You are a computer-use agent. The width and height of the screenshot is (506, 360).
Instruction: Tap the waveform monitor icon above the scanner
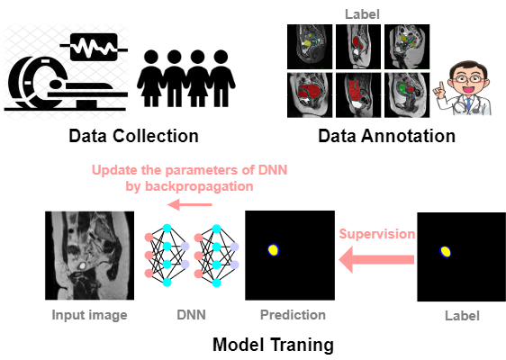point(94,47)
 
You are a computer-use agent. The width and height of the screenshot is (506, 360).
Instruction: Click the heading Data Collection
point(133,136)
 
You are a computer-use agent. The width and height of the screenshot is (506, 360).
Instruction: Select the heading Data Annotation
point(386,136)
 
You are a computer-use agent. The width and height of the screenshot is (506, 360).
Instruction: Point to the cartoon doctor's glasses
point(467,78)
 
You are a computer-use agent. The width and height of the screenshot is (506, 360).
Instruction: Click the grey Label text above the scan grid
point(362,14)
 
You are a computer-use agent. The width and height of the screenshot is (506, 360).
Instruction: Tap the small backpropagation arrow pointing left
point(189,204)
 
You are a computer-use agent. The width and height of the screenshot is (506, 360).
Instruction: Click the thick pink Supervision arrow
point(376,259)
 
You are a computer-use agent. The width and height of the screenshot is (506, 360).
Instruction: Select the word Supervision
point(377,234)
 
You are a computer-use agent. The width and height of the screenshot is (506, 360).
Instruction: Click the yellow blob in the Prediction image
point(274,250)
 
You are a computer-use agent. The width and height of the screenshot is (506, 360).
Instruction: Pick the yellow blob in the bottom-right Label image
point(446,252)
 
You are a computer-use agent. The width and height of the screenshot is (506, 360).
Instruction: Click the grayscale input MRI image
point(89,256)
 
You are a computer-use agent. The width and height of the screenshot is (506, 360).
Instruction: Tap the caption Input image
point(89,315)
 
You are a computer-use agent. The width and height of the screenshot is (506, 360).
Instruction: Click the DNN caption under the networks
point(191,315)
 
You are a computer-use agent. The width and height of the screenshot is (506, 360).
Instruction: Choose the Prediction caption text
point(293,315)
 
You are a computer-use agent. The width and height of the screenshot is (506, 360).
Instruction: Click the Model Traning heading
point(273,345)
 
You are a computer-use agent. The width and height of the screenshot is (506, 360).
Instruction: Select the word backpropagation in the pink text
point(199,187)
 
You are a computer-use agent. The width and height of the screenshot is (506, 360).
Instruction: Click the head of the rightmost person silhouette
point(221,57)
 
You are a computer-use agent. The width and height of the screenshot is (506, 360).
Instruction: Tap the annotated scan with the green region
point(407,94)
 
